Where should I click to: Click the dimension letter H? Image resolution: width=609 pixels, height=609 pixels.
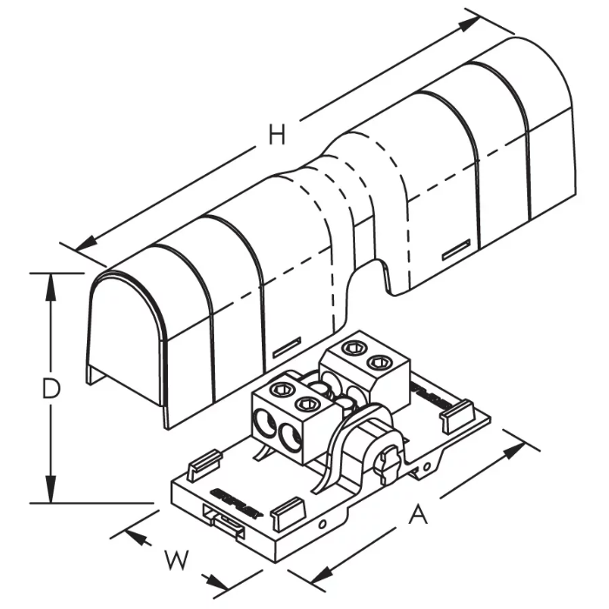point(277,136)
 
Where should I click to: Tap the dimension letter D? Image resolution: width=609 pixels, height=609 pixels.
point(51,389)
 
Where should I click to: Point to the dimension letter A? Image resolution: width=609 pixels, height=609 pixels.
point(418,516)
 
